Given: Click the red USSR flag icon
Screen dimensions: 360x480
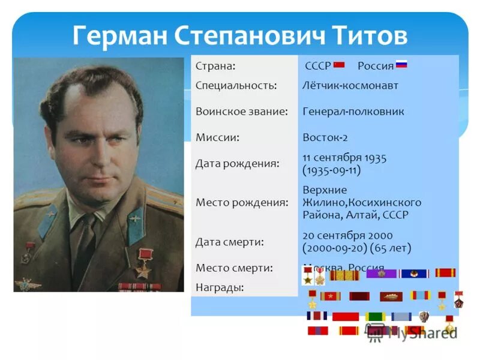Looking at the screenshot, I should coord(339,65).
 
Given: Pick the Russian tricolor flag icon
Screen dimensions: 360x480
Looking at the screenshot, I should coord(401,65).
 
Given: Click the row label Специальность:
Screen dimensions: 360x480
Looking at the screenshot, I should coord(236,85).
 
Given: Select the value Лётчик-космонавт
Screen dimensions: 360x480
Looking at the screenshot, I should coord(350,85).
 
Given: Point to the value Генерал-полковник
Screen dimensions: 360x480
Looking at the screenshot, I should coord(353,112).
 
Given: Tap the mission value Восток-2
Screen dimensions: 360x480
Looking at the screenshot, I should coord(325,137).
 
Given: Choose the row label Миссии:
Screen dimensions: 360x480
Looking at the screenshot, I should coord(218,137).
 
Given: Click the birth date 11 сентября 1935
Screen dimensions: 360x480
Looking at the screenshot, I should coord(344,157).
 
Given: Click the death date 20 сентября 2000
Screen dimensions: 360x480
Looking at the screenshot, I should coord(347,236).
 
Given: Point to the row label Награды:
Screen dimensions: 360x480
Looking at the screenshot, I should coord(220,287).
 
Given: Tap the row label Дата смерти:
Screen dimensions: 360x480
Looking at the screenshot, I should coord(230,242).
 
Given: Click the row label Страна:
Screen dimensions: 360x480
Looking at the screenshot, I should coord(215,65).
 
